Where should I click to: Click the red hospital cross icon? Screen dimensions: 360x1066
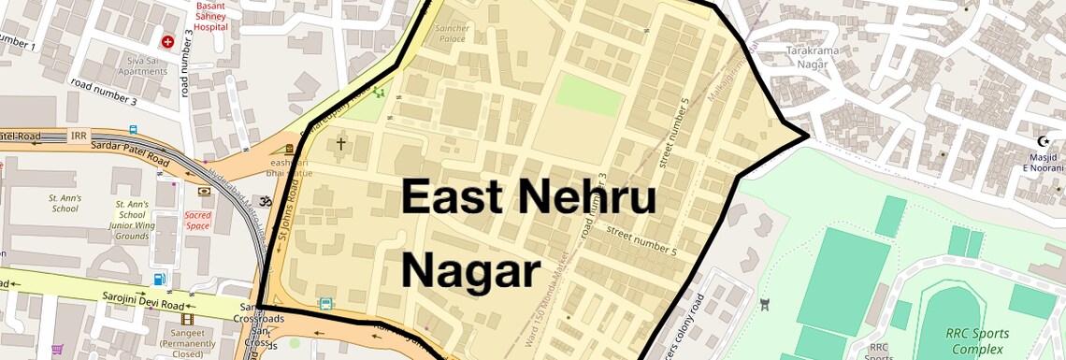(x=168, y=42)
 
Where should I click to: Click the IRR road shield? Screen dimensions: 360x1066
(x=79, y=137)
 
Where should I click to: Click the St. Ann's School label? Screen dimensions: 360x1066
(x=65, y=204)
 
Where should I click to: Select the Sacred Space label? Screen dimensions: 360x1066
(x=198, y=220)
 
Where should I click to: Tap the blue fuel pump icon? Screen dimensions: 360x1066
(x=160, y=279)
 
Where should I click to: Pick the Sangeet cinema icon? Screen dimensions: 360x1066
(x=187, y=319)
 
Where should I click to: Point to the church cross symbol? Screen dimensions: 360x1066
(x=340, y=143)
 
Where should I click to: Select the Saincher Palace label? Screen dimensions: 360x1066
(x=453, y=34)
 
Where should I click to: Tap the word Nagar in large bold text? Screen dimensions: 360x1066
(x=471, y=271)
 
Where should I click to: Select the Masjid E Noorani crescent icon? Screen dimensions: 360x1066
(x=1042, y=141)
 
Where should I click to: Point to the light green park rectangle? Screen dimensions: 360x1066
(x=588, y=95)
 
